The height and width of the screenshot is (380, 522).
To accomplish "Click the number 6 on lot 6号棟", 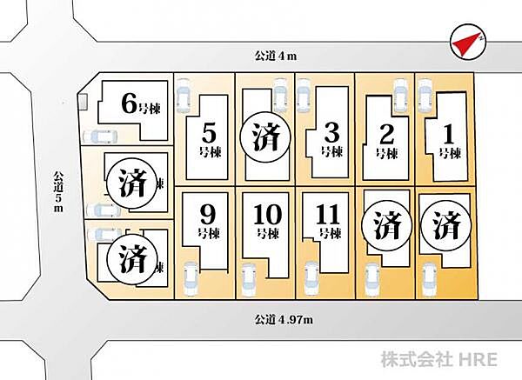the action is click(x=129, y=103).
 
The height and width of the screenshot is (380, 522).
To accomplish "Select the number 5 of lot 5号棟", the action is click(x=210, y=133).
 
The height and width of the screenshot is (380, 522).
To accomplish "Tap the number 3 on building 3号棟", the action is click(x=331, y=133).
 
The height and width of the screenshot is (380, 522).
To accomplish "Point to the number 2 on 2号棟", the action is click(x=386, y=135).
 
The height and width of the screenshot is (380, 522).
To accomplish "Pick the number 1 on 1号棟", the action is click(x=449, y=134).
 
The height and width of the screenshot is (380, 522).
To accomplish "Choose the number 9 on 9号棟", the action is click(x=208, y=215).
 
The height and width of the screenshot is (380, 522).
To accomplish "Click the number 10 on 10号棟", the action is click(x=267, y=215).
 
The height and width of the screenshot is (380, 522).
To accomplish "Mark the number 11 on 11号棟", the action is click(x=328, y=215).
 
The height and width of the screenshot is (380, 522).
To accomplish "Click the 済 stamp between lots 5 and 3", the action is click(x=265, y=137).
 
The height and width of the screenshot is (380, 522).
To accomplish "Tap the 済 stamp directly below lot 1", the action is click(x=446, y=225).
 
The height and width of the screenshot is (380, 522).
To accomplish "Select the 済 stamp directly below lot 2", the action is click(x=387, y=225).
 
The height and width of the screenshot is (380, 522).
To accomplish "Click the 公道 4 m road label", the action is click(x=276, y=56).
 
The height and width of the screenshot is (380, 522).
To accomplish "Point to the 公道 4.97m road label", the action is click(x=284, y=320).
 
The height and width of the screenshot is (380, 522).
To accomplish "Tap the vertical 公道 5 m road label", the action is click(x=58, y=191).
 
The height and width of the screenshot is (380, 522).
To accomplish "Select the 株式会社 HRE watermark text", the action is click(x=438, y=359).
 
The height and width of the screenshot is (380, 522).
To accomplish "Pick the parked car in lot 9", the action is click(x=191, y=279).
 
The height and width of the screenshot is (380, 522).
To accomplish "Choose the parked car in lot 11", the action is click(x=312, y=279).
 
